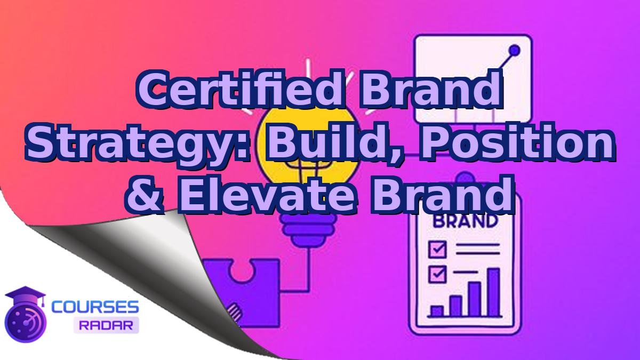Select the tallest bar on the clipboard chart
(493, 292)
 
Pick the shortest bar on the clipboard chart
(437, 311)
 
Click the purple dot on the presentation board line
(515, 51)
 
